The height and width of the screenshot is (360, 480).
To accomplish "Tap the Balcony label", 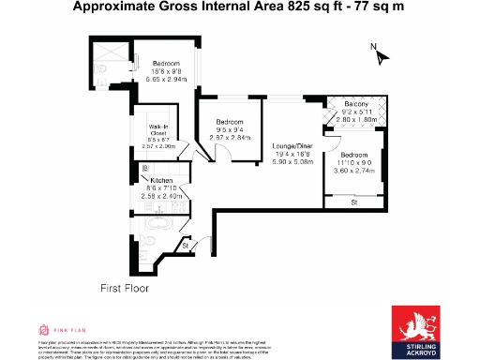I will [355, 103].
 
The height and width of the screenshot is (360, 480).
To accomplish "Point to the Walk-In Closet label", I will [157, 130].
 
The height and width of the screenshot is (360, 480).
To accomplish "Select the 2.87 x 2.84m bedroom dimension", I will [230, 137].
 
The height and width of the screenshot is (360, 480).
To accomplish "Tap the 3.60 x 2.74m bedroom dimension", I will [355, 171].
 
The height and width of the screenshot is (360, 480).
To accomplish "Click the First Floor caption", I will [125, 290].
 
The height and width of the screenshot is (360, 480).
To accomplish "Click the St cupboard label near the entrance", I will [185, 246].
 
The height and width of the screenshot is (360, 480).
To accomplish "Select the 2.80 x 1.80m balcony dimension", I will [355, 120].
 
